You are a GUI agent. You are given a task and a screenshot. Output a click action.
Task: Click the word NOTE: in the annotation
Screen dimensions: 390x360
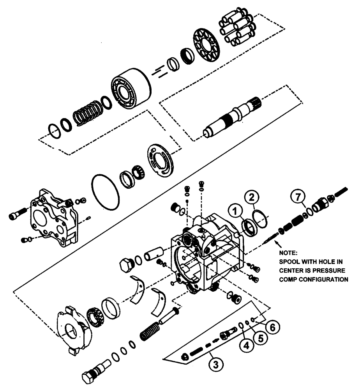pyautogui.click(x=288, y=253)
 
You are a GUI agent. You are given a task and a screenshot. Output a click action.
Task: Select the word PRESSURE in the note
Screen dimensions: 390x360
pyautogui.click(x=331, y=270)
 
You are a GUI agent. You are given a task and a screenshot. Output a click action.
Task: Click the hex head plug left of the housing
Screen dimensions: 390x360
pyautogui.click(x=127, y=266)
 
